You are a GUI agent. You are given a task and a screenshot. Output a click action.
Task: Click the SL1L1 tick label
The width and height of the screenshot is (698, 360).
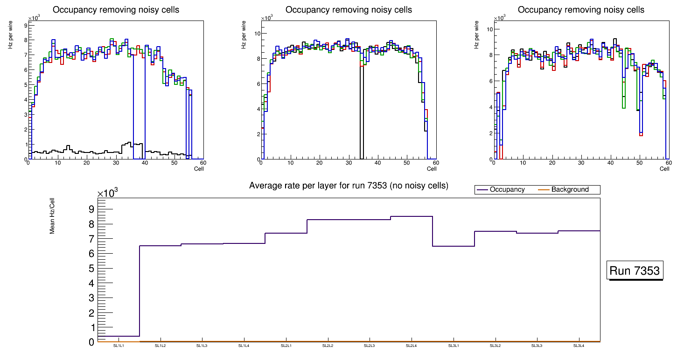119,346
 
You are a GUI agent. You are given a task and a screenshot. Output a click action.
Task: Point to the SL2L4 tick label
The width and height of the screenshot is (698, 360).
411,346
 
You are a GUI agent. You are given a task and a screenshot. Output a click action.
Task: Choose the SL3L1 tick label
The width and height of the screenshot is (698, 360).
453,346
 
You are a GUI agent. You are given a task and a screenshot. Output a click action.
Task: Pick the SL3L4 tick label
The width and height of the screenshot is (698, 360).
579,346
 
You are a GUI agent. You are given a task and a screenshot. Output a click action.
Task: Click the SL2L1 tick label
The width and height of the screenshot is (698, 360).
286,346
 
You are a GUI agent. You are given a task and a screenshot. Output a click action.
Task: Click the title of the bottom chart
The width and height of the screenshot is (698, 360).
349,186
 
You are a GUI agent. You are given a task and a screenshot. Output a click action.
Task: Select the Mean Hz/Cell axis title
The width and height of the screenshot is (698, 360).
53,215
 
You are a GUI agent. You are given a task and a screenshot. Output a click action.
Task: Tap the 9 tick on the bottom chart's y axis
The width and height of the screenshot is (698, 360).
91,209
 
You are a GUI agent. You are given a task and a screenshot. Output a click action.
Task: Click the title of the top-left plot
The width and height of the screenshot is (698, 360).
116,10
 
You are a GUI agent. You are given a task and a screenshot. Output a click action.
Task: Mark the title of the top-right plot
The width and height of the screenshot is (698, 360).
581,10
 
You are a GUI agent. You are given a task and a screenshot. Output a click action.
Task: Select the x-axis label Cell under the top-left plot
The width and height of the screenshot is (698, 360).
199,169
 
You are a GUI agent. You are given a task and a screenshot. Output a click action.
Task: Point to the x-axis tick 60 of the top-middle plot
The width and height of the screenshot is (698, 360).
435,163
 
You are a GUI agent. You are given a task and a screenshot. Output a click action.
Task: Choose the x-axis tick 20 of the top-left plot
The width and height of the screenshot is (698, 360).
86,163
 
